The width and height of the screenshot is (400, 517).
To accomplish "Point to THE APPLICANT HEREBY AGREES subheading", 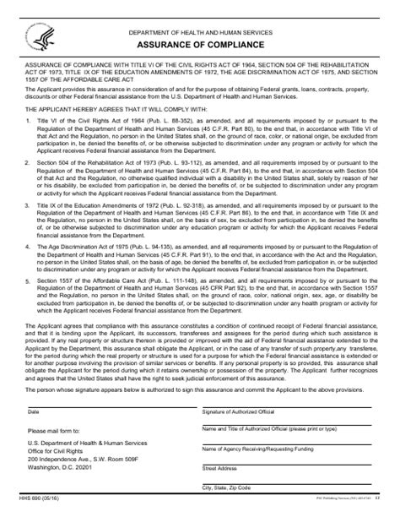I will [x=106, y=131].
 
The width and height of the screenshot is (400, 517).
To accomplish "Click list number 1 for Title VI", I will [x=30, y=145].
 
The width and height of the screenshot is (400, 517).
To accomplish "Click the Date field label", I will [x=34, y=435].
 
